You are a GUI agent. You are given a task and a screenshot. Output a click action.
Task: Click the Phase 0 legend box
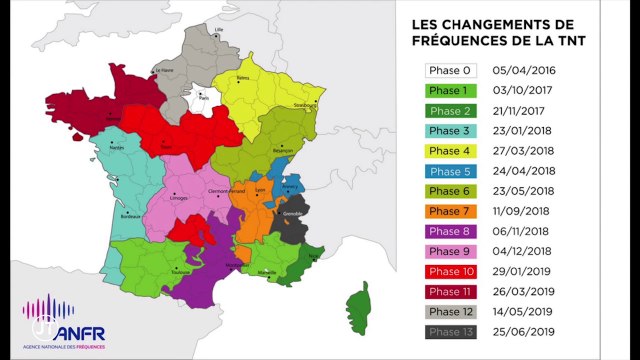click(450, 71)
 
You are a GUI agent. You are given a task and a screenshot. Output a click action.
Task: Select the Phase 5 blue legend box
click(450, 170)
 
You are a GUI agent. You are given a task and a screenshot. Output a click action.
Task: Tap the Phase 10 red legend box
click(450, 271)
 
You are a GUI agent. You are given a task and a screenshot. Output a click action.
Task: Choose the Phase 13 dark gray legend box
click(450, 331)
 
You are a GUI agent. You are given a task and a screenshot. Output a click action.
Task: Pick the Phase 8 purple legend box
click(450, 231)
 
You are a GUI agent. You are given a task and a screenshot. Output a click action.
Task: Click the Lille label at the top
click(219, 31)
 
